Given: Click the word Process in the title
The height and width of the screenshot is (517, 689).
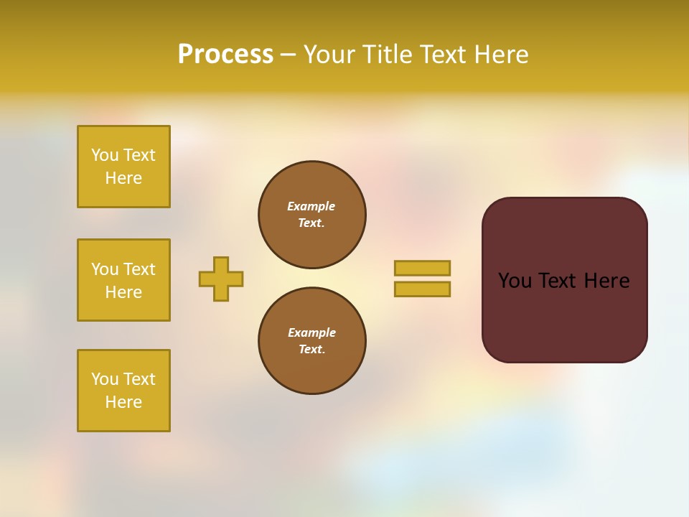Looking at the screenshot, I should pos(225,55).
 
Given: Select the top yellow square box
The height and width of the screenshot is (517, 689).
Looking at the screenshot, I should pos(123,167).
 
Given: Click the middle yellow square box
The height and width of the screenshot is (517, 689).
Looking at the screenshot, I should pos(123,280).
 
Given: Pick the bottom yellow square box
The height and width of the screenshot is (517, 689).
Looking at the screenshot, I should pos(123,391).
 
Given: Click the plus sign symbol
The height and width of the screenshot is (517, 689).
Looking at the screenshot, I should pos(221,279).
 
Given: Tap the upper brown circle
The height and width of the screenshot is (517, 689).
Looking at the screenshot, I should pos(312,215).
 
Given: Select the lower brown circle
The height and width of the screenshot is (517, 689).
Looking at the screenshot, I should pos(312,341).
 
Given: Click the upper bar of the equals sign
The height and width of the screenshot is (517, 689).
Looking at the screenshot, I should pos(422,268).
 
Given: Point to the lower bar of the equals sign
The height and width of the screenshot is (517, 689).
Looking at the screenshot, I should pos(422,289).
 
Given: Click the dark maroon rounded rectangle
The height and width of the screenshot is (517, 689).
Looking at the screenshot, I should pos(564,316).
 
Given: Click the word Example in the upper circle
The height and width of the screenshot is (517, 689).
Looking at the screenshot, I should pos(311,206).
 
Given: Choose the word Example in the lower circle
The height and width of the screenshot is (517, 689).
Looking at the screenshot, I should pos(311,332).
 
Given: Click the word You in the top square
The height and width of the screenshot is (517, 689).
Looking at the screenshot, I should pos(103,155).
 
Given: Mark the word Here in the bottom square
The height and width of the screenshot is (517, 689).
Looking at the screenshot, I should pos(123,402).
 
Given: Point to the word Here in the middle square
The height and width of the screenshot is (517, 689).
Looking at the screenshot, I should pos(123,292).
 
